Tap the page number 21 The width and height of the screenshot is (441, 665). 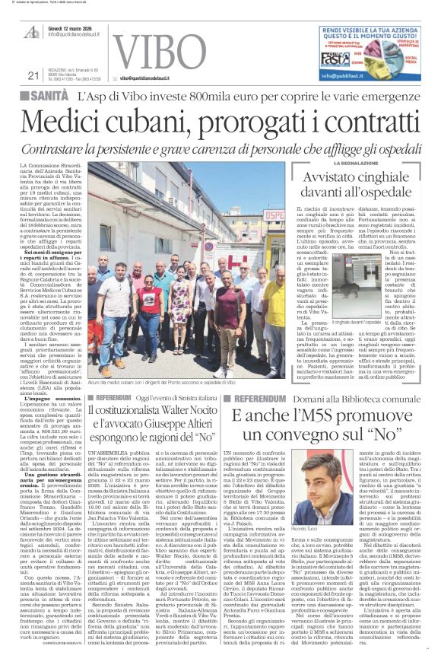point(33,75)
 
